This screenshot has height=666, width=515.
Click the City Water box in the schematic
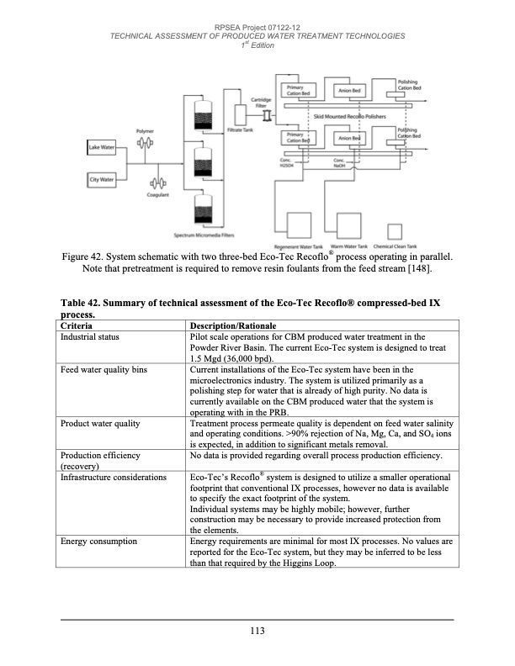tap(102, 179)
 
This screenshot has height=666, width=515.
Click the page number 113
tap(257, 632)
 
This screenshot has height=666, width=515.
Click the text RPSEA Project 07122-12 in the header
tap(257, 27)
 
